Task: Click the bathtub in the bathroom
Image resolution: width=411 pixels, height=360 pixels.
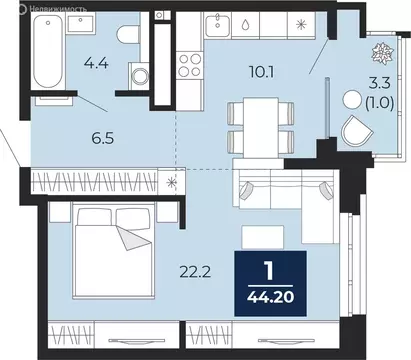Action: (x=48, y=51)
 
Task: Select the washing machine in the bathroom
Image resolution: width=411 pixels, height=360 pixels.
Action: (x=139, y=76)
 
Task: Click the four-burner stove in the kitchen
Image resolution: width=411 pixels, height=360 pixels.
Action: (x=190, y=65)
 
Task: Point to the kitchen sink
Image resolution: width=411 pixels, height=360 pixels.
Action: (x=217, y=25)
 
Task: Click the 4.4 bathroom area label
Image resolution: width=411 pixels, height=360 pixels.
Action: (x=96, y=63)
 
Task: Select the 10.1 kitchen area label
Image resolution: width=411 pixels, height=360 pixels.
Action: (x=262, y=72)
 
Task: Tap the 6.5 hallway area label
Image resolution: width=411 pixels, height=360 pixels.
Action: (x=103, y=138)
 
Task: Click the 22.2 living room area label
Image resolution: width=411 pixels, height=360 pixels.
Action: (x=195, y=273)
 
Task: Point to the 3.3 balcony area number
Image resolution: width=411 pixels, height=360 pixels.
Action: (x=379, y=83)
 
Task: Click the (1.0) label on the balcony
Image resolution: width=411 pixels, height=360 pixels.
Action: (x=380, y=104)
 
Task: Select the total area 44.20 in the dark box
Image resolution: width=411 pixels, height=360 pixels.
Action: (x=271, y=297)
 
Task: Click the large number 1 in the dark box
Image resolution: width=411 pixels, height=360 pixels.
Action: (x=270, y=272)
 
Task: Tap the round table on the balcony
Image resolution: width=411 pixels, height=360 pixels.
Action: (x=352, y=99)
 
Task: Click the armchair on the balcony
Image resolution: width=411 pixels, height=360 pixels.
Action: (x=358, y=130)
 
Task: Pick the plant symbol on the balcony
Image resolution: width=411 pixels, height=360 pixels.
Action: (x=383, y=53)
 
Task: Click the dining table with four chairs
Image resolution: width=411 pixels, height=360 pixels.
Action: (x=261, y=128)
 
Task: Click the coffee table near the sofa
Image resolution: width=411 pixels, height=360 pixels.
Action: (x=263, y=237)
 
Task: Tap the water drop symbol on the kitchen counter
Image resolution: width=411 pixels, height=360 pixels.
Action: (x=245, y=24)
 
